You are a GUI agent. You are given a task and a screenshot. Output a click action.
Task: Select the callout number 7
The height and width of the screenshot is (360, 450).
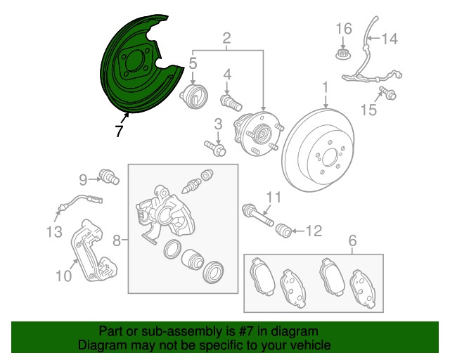tap(119, 131)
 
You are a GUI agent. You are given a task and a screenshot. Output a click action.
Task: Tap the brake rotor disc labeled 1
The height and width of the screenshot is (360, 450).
tap(318, 150)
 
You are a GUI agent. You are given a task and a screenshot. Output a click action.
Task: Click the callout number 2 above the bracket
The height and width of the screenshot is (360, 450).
tap(226, 37)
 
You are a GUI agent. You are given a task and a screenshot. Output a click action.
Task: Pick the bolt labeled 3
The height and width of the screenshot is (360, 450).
tap(216, 148)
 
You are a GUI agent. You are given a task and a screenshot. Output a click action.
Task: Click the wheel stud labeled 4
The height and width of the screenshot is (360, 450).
tap(231, 103)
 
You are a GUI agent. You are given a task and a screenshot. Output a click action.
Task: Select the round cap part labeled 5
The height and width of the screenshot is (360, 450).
tap(194, 96)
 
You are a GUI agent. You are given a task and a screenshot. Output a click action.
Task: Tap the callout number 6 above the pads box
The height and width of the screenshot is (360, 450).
tap(352, 240)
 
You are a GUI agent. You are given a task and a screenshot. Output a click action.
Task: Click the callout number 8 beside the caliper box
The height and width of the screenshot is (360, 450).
tap(116, 240)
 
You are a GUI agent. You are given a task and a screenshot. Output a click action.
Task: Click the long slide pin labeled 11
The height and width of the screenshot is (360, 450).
tap(258, 215)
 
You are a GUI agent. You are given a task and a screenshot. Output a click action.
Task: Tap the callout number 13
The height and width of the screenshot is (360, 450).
tap(54, 231)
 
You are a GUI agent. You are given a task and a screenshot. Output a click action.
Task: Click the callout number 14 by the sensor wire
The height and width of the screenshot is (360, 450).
tap(390, 39)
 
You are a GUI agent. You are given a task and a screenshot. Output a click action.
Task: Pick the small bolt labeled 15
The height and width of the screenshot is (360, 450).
tap(387, 93)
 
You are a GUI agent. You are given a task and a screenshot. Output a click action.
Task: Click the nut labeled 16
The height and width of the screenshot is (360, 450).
tap(343, 53)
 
